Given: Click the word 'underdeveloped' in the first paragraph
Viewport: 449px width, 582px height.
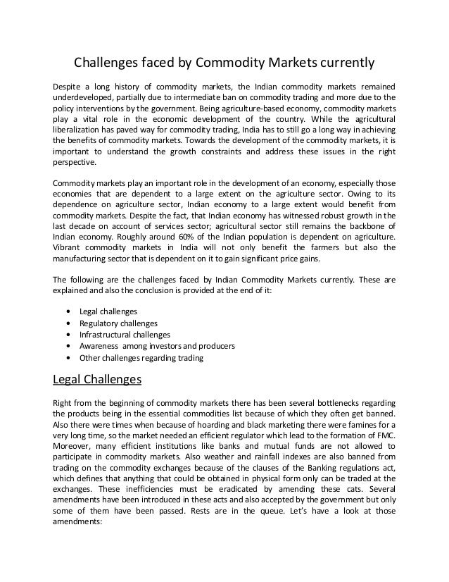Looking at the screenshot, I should coord(84,97).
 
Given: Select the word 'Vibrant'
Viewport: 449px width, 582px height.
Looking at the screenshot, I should coord(67,247).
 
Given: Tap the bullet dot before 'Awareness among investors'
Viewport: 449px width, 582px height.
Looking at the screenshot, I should coord(67,346).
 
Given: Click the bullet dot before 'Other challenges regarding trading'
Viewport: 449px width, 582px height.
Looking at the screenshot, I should coord(67,358).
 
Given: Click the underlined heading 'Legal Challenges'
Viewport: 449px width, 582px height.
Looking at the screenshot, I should coord(98,380).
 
